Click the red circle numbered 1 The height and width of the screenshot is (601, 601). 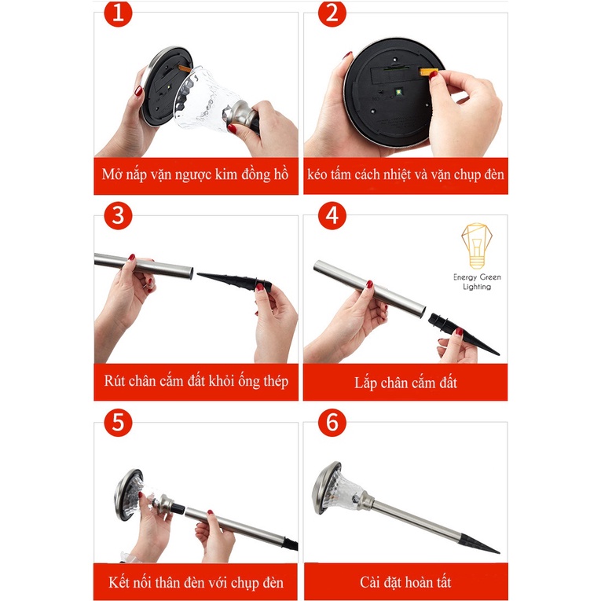tap(118, 13)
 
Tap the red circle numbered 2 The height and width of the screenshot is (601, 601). tap(332, 13)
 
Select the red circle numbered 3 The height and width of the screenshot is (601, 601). tap(118, 215)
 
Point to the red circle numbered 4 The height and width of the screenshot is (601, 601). tap(332, 215)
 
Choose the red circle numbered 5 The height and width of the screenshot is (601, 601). tap(118, 423)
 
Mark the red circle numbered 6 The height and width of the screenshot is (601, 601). tap(332, 423)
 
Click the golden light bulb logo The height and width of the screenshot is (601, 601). tap(476, 246)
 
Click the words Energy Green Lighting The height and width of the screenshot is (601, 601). tap(477, 282)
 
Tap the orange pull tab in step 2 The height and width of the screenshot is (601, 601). tap(428, 71)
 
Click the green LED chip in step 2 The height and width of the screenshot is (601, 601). tap(398, 92)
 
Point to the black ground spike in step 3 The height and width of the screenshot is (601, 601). tap(235, 281)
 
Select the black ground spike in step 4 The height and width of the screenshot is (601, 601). tap(463, 334)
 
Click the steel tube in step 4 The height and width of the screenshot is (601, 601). tap(369, 288)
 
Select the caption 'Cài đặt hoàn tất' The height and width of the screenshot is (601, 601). tap(405, 582)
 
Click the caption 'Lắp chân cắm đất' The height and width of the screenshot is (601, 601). tap(405, 383)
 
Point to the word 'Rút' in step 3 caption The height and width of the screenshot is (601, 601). tap(114, 380)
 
